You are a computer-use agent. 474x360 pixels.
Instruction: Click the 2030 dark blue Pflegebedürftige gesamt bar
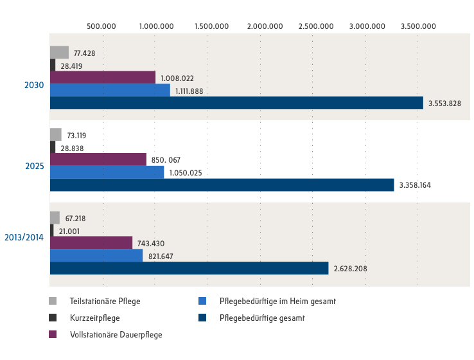tap(236, 103)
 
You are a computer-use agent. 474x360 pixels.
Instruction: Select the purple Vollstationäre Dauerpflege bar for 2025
tap(98, 159)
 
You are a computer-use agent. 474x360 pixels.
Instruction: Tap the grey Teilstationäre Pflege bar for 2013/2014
tap(55, 218)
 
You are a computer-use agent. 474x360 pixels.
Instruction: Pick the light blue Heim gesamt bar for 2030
tap(110, 91)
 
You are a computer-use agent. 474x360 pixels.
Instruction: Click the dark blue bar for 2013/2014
tap(189, 268)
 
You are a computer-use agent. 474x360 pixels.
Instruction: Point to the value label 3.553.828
tap(444, 104)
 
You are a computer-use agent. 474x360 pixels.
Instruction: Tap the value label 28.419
tap(71, 66)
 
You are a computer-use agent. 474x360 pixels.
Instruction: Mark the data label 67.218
tap(75, 219)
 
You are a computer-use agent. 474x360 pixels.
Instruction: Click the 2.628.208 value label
tap(350, 269)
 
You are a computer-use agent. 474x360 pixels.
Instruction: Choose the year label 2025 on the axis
tap(34, 166)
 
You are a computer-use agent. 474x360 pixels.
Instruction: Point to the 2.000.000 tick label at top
tap(265, 26)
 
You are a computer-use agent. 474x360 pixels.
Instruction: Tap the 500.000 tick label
tap(101, 26)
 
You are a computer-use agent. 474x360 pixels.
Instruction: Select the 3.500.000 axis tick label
tap(418, 26)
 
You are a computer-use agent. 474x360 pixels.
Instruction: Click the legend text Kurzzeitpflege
tap(94, 318)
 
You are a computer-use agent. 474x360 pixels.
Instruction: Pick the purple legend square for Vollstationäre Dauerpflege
tap(54, 334)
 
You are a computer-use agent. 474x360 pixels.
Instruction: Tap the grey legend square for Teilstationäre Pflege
tap(54, 301)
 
